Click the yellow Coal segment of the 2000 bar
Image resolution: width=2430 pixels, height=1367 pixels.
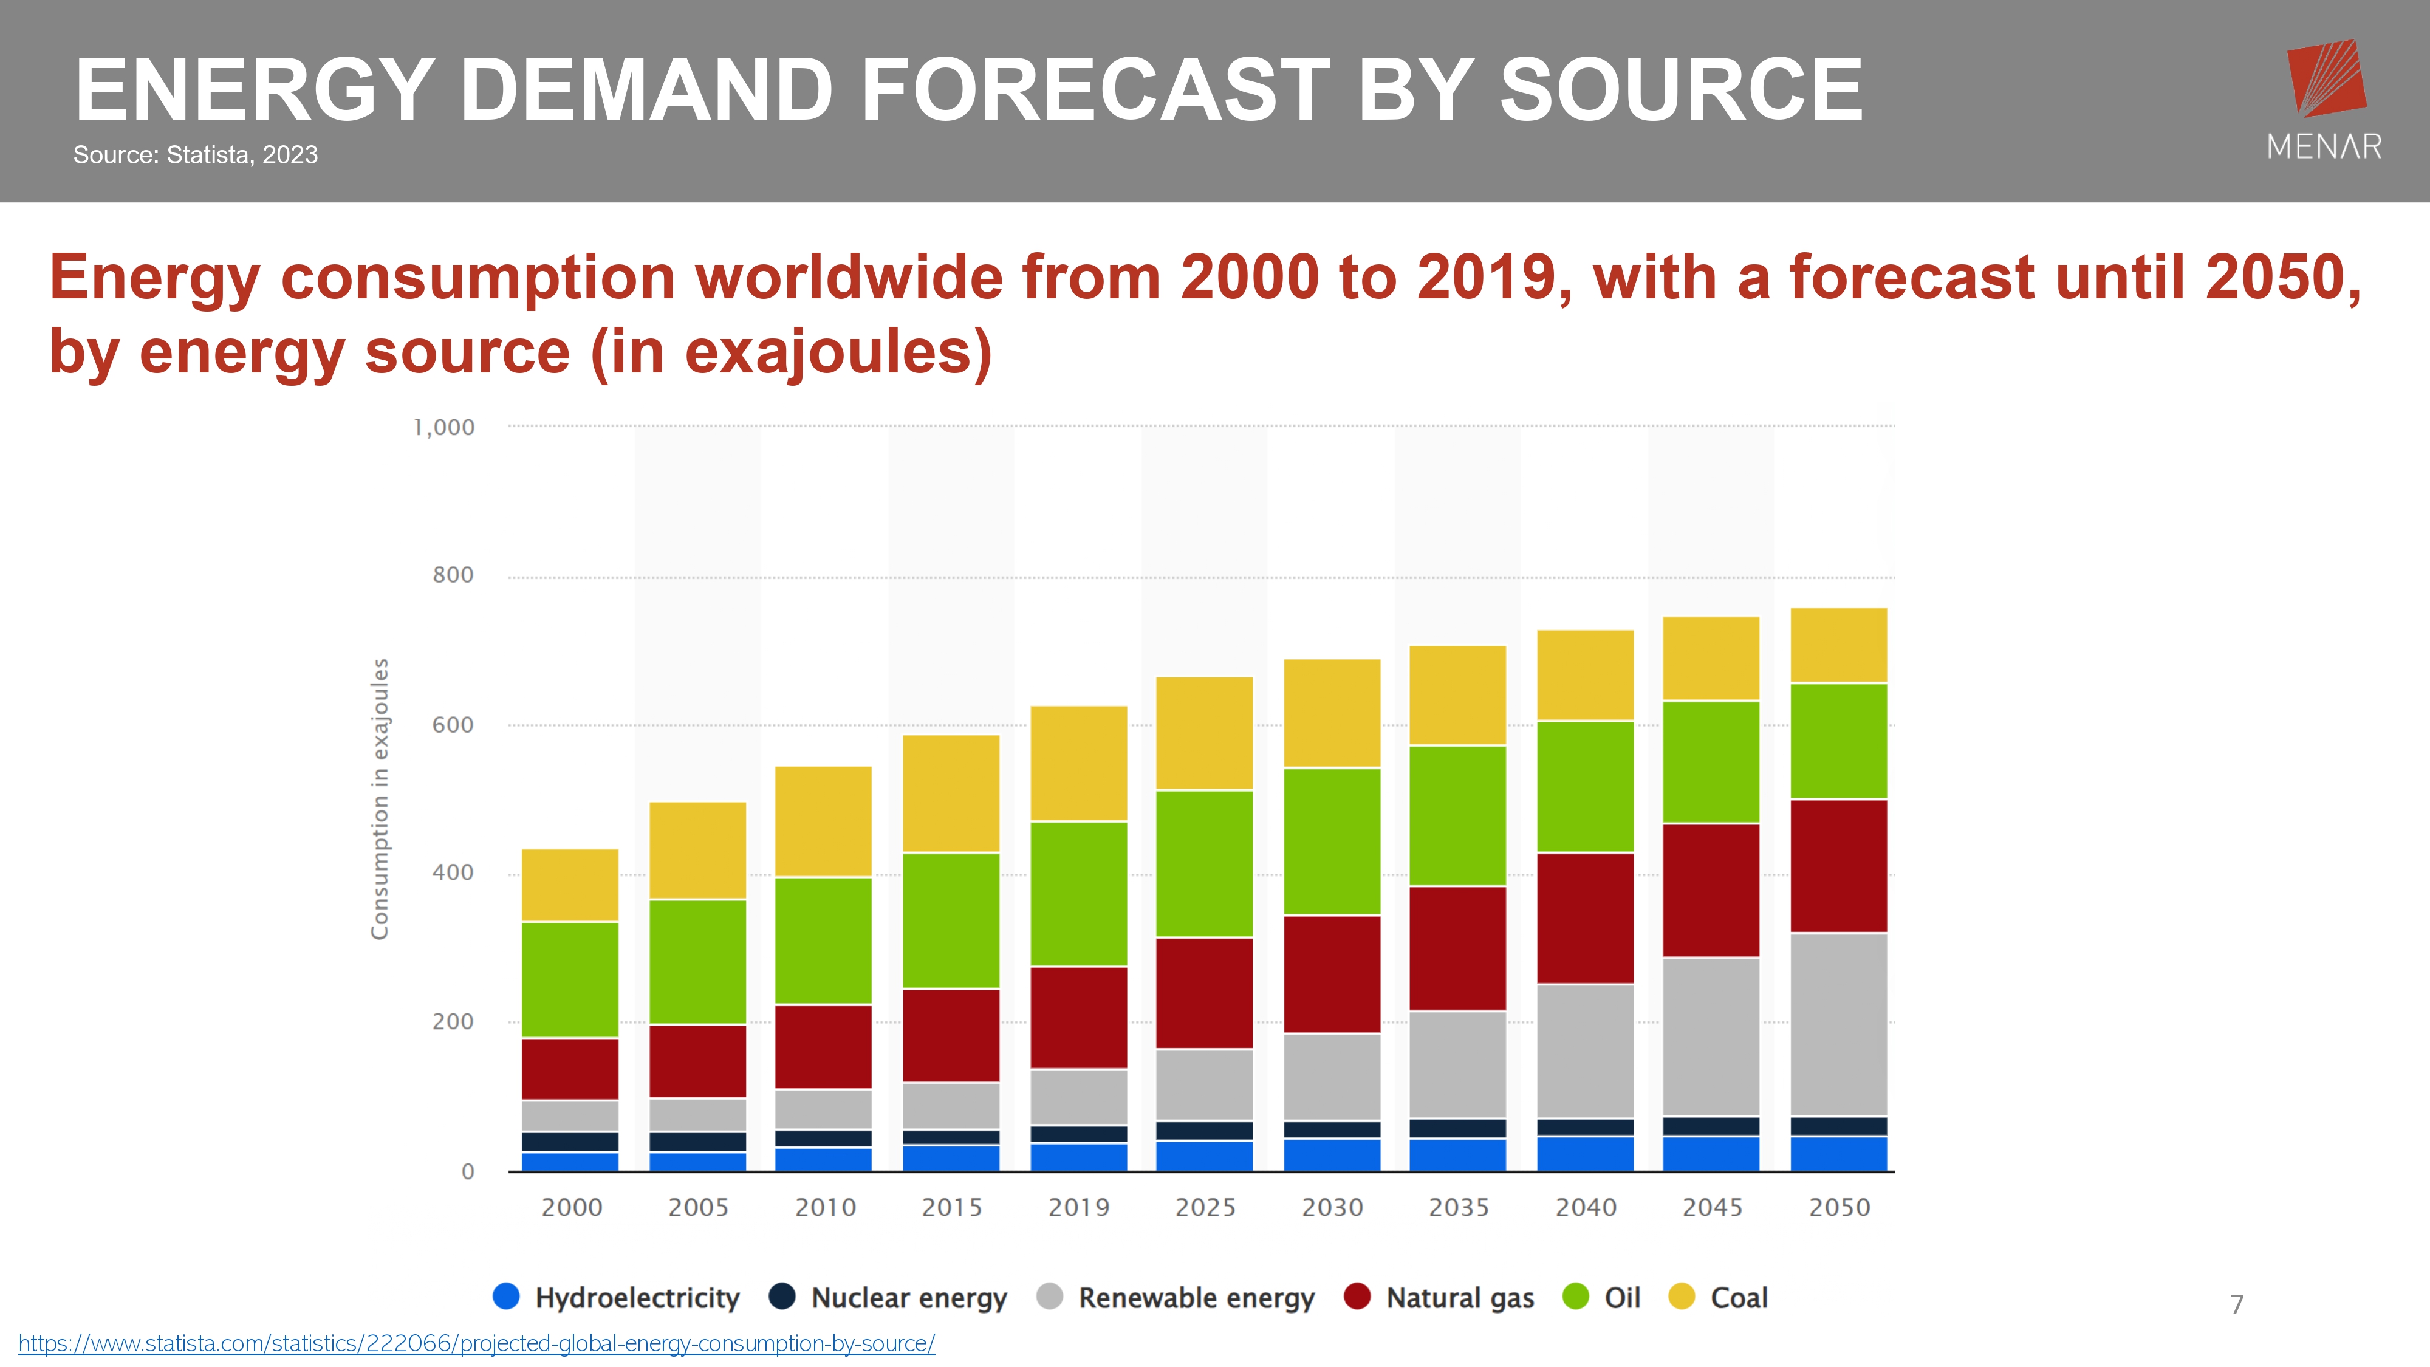pos(570,885)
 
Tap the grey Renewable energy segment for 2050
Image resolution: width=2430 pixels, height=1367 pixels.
pos(1838,1024)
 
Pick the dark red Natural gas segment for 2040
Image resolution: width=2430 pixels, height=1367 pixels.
pos(1585,918)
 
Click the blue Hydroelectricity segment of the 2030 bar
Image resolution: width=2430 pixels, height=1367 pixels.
pos(1332,1155)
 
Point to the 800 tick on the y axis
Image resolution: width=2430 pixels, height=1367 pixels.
pos(453,575)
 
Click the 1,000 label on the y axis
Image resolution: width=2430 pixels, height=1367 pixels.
pos(444,427)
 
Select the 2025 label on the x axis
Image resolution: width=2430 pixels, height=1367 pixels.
pos(1205,1208)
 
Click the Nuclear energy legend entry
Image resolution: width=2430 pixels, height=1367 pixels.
pos(908,1298)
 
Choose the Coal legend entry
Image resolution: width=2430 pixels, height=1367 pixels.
pos(1737,1298)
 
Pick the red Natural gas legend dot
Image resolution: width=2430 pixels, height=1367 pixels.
pos(1357,1297)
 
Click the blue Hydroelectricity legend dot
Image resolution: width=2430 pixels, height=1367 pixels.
pos(507,1297)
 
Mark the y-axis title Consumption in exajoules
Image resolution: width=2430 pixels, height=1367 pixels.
pos(379,798)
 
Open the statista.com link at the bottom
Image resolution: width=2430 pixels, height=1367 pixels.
pos(476,1343)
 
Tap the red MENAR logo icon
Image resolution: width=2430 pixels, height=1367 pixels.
pos(2326,77)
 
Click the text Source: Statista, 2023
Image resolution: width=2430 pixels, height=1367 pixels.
pos(195,155)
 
